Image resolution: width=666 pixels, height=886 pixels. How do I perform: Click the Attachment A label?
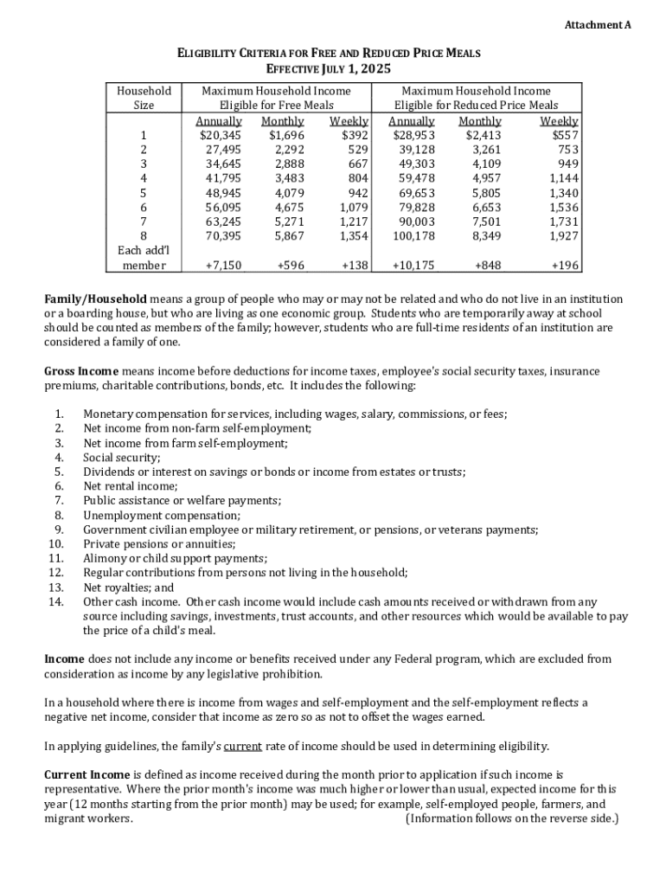pos(598,25)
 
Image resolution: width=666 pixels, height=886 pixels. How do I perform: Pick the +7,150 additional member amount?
pos(223,266)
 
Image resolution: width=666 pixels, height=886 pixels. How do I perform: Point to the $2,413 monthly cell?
pos(483,135)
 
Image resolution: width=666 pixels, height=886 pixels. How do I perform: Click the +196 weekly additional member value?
pos(565,266)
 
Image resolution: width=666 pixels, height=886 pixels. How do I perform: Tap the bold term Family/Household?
pos(95,299)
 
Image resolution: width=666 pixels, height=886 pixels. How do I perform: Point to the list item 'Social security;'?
pos(122,457)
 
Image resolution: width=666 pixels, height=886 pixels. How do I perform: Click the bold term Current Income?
pos(86,774)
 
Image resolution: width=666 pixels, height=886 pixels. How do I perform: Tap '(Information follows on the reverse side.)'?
pos(512,819)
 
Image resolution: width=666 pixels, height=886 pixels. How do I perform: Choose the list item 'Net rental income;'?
pos(130,486)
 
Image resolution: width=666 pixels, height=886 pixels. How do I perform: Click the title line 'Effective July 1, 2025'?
pos(329,69)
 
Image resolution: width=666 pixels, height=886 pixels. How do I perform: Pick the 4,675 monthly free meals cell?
pos(285,208)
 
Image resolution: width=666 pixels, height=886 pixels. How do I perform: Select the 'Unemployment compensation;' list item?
pos(161,515)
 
